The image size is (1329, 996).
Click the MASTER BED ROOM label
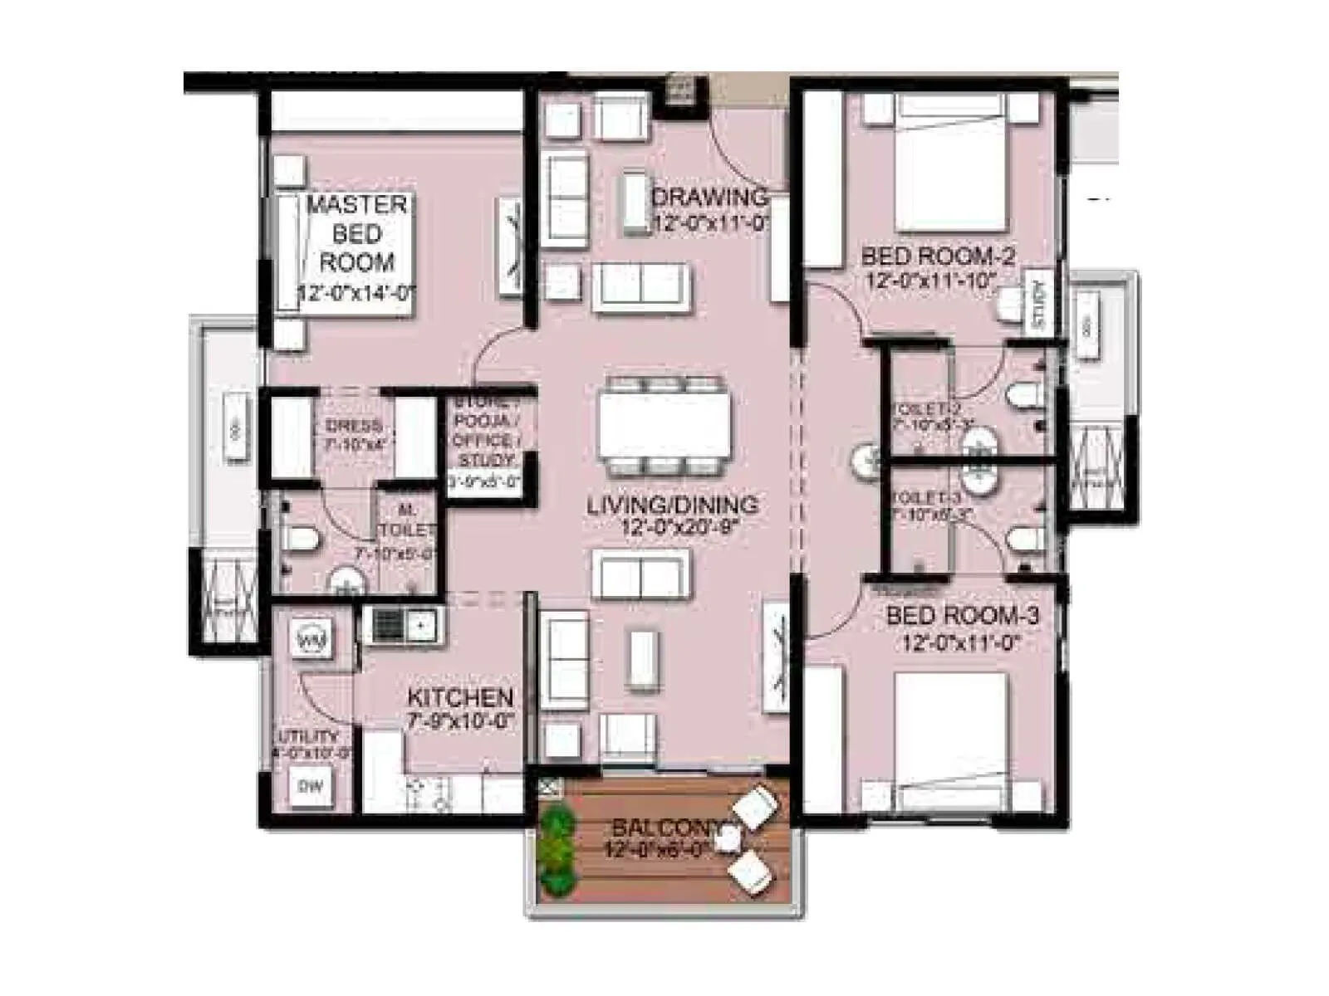(357, 233)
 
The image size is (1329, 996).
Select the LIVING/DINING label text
(672, 504)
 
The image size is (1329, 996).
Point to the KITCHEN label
(460, 697)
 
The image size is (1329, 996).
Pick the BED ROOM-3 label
(962, 616)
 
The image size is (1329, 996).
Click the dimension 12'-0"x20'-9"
(679, 526)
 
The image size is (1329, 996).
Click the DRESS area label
(354, 426)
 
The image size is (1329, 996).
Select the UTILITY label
(307, 736)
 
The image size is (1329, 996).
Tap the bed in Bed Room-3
(952, 739)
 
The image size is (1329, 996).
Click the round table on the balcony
(728, 839)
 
